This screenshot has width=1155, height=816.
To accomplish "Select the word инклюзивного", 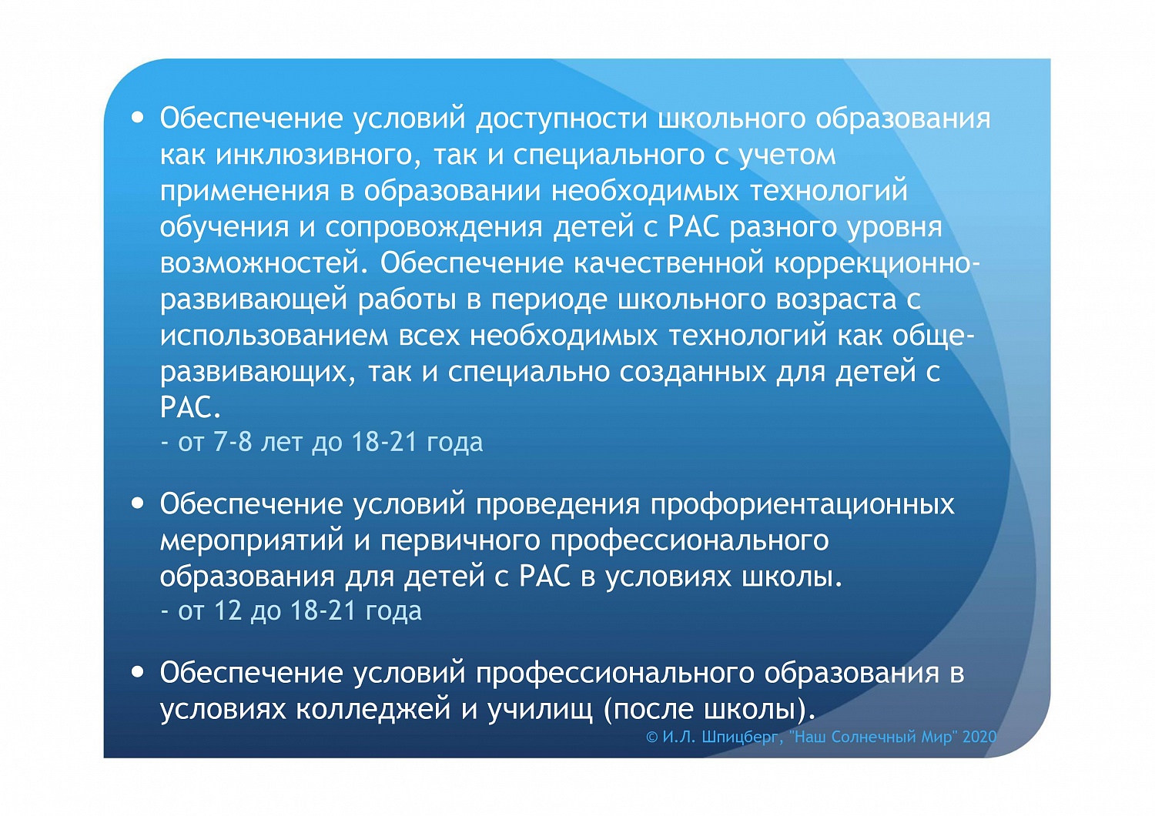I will tap(315, 156).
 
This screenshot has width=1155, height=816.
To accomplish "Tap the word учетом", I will tap(786, 156).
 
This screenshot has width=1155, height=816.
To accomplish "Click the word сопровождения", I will tap(435, 228).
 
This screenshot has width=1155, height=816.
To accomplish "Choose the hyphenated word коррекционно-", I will tap(877, 264).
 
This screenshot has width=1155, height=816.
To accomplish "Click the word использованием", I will tap(275, 336).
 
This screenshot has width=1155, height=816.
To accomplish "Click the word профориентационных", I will tap(802, 504).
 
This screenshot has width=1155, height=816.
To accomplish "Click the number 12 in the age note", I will tap(228, 611).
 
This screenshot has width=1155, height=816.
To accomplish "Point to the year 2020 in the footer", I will tap(979, 737).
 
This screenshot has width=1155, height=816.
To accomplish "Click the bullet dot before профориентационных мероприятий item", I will tap(138, 503).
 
